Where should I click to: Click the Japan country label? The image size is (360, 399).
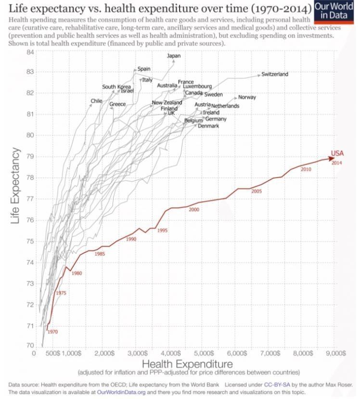click(174, 56)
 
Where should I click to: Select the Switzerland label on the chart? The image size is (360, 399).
click(274, 75)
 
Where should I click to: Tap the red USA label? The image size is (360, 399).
click(337, 154)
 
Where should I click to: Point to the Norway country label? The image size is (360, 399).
click(247, 98)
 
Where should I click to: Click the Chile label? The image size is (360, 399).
click(96, 101)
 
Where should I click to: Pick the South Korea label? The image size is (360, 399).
click(116, 87)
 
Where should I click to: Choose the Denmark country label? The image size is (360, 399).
click(208, 126)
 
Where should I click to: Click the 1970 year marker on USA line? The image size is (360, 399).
click(52, 332)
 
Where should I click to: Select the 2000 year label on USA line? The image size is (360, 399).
click(193, 210)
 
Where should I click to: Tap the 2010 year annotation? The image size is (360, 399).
click(306, 170)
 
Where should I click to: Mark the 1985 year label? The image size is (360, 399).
click(100, 254)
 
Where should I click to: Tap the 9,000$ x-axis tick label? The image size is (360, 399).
click(335, 353)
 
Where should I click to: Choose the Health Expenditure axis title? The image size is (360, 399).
click(187, 364)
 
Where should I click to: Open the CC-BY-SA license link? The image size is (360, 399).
click(278, 385)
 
